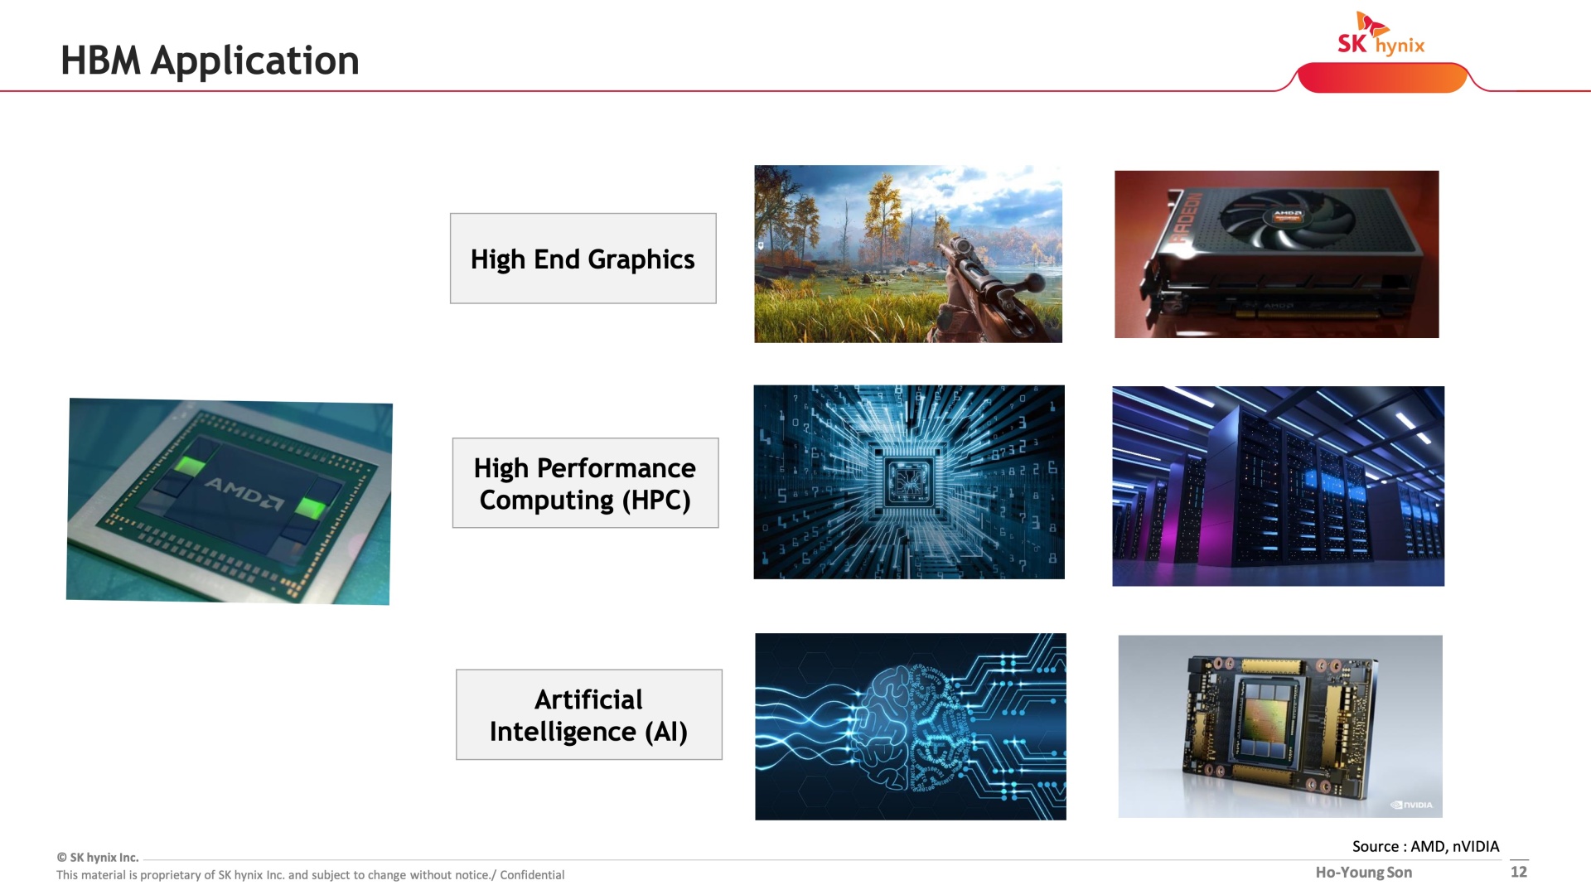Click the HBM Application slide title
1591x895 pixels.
tap(210, 60)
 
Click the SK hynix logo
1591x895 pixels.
tap(1381, 34)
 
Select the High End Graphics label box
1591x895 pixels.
tap(583, 259)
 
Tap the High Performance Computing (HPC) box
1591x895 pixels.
tap(586, 483)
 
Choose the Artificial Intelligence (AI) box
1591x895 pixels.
tap(589, 714)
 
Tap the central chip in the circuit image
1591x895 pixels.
tap(909, 481)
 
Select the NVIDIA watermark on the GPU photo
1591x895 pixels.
tap(1412, 805)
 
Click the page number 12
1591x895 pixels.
tap(1519, 872)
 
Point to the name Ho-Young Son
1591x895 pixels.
tap(1364, 873)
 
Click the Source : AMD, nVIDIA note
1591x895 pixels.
tap(1425, 846)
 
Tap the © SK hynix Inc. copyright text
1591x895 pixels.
tap(98, 858)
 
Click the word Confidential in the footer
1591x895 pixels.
tap(532, 875)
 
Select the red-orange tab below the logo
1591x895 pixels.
tap(1382, 78)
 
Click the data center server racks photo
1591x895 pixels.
tap(1278, 486)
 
